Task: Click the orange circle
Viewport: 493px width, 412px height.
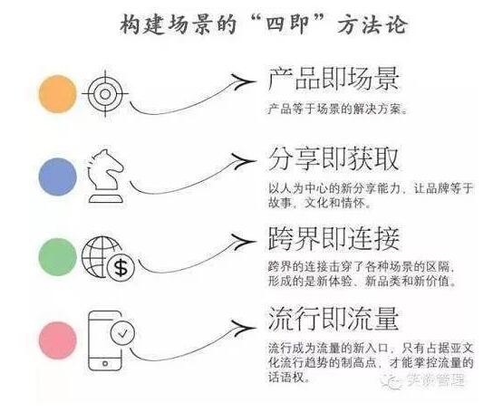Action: pyautogui.click(x=57, y=93)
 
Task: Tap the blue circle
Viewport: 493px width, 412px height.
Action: pyautogui.click(x=57, y=177)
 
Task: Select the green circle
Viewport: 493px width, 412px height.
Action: pyautogui.click(x=57, y=257)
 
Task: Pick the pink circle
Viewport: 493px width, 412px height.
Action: pyautogui.click(x=57, y=340)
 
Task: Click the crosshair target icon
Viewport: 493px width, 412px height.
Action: pyautogui.click(x=105, y=93)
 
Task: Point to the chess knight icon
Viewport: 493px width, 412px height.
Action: pyautogui.click(x=106, y=176)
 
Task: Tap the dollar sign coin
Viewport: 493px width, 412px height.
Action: pyautogui.click(x=121, y=268)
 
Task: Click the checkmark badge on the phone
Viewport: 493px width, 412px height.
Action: pyautogui.click(x=122, y=333)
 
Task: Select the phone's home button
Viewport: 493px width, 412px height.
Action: pyautogui.click(x=105, y=364)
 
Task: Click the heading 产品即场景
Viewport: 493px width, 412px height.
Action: pyautogui.click(x=333, y=79)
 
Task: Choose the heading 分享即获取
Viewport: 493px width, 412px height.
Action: pyautogui.click(x=333, y=159)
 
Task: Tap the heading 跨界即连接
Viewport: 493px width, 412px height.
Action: pyautogui.click(x=333, y=239)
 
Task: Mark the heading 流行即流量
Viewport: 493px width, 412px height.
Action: pyautogui.click(x=333, y=319)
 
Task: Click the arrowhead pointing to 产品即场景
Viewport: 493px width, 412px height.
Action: pyautogui.click(x=243, y=82)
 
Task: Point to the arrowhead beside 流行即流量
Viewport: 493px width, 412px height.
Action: pyautogui.click(x=243, y=328)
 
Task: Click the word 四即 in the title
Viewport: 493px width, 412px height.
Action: pyautogui.click(x=286, y=24)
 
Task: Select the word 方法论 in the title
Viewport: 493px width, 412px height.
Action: pyautogui.click(x=372, y=24)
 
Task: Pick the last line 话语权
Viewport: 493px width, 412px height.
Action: pyautogui.click(x=286, y=378)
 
